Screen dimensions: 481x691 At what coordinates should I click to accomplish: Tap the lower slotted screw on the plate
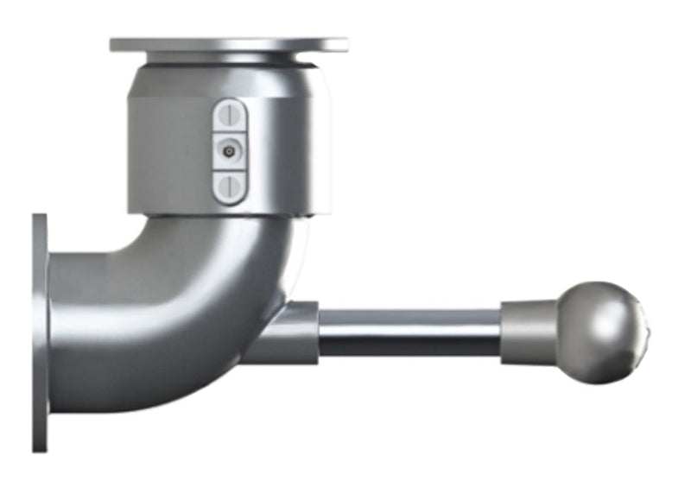click(230, 185)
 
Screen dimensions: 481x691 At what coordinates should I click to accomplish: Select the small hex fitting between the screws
click(229, 150)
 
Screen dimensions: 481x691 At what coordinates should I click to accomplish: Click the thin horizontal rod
click(409, 333)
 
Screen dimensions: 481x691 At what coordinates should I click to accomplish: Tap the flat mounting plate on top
click(229, 44)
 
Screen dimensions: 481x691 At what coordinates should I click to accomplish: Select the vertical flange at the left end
click(40, 332)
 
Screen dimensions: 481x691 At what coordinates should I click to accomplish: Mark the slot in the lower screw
click(230, 185)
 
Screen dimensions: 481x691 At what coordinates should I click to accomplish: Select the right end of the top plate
click(342, 44)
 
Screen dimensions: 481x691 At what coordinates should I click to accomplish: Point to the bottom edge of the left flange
click(40, 447)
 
